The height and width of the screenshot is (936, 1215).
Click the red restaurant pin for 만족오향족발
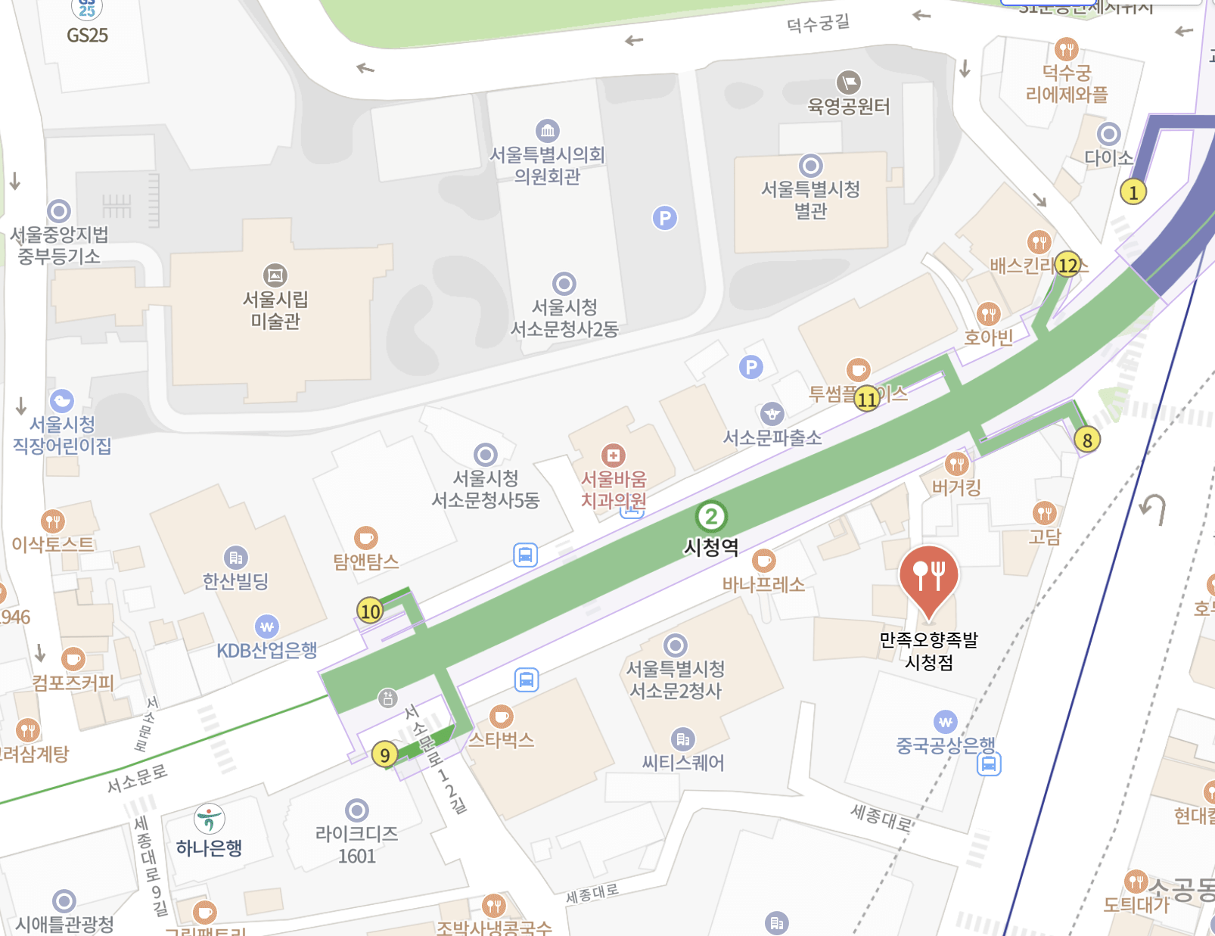tap(929, 574)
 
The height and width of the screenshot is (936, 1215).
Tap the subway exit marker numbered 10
tap(370, 611)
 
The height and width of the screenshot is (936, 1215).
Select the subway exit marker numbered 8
tap(1087, 440)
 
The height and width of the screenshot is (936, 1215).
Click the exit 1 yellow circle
tap(1133, 192)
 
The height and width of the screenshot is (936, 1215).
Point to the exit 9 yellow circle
tap(385, 754)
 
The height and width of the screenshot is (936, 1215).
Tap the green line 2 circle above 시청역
tap(711, 518)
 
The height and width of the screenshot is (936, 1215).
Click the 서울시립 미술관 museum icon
tap(275, 275)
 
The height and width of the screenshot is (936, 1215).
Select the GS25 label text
tap(88, 36)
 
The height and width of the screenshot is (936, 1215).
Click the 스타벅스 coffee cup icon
tap(501, 716)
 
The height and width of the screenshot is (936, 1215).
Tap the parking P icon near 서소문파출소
tap(751, 368)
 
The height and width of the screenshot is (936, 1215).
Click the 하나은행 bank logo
tap(210, 819)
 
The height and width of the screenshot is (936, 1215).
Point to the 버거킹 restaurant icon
tap(957, 463)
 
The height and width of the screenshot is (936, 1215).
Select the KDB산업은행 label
tap(266, 650)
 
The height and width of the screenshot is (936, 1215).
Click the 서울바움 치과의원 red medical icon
tap(613, 456)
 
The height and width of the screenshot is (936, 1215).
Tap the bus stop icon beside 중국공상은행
tap(989, 764)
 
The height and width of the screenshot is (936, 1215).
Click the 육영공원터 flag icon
tap(848, 82)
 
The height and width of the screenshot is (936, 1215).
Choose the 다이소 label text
tap(1108, 158)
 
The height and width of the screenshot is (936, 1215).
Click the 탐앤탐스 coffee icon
tap(366, 538)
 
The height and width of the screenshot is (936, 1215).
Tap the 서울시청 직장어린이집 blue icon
tap(62, 401)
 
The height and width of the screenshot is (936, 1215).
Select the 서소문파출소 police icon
tap(772, 414)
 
